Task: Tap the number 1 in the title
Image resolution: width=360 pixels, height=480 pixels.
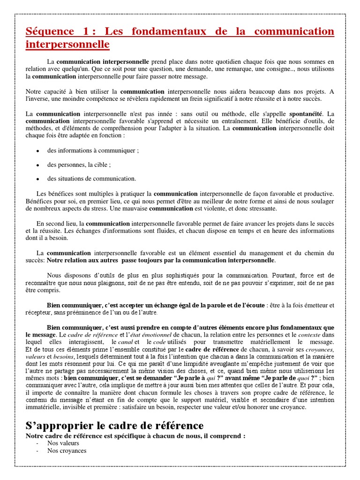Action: click(x=85, y=31)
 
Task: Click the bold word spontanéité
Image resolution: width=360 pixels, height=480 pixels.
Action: click(x=307, y=113)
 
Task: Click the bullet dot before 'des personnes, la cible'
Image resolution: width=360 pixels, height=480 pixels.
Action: click(x=37, y=165)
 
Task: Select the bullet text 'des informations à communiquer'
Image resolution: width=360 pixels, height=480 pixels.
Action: click(x=93, y=151)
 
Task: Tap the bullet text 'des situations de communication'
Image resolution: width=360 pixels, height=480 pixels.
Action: click(x=91, y=179)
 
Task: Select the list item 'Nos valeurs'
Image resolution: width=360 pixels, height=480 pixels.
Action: click(x=63, y=443)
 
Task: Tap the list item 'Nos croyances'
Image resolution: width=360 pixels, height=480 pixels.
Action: click(x=67, y=451)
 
